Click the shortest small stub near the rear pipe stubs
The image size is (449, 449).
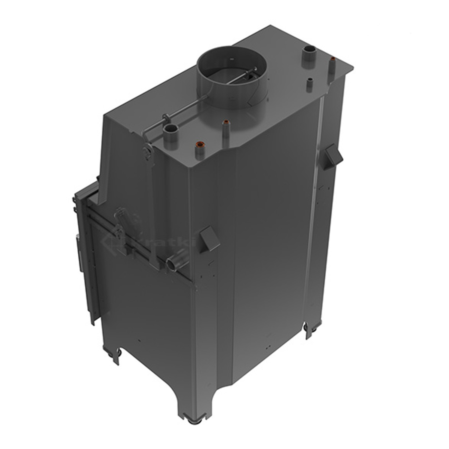pyautogui.click(x=310, y=82)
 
